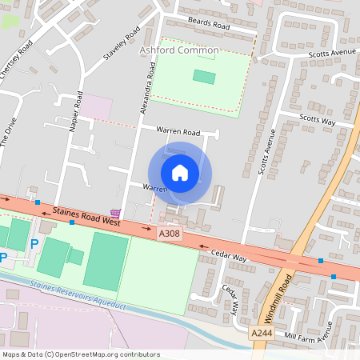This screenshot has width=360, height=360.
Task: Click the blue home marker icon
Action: coord(180,172)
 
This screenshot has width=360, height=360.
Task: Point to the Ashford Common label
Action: coord(179,50)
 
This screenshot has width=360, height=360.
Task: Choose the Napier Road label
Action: coord(77,112)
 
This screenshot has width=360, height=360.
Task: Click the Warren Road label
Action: coord(178,130)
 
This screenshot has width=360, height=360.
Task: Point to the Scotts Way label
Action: coord(318,118)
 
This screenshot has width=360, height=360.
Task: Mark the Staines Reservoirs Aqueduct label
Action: coord(78,295)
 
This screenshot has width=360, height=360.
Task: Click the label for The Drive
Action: coord(8,137)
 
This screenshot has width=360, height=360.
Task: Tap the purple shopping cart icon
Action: coord(117,214)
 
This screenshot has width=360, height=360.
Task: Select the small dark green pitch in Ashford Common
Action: coord(204,77)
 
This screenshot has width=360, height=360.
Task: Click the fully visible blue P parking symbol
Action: coord(34,243)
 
